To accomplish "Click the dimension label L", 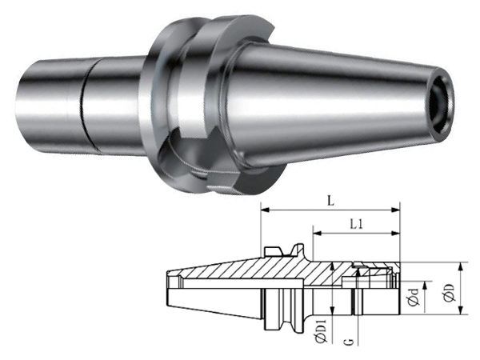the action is point(330,202).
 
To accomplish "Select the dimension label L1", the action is point(356,225).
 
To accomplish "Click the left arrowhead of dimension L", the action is point(265,210).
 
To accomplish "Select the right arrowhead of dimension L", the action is point(396,210).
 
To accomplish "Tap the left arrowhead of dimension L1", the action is point(317,234).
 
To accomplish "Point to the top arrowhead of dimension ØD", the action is point(460,267).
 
